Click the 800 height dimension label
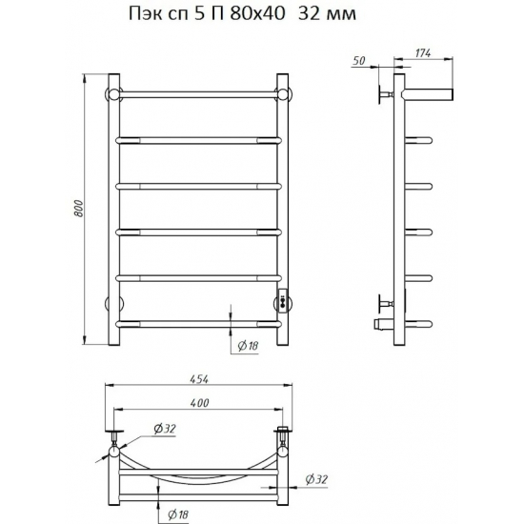point(78,209)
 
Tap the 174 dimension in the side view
point(423,52)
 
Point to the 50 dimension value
point(359,61)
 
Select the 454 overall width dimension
point(199,379)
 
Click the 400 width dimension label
point(199,403)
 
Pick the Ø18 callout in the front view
point(248,346)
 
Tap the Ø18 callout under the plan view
point(178,514)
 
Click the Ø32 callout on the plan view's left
point(165,429)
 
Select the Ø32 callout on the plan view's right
point(316,479)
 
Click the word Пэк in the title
point(146,14)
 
